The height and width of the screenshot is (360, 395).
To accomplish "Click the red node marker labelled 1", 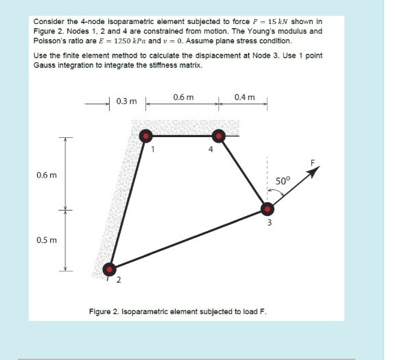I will (x=146, y=135).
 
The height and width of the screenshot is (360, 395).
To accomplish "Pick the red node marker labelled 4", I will (x=219, y=135).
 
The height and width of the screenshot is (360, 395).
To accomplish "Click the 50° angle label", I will (x=283, y=180).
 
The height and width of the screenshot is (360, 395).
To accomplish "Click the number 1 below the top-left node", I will (x=154, y=147).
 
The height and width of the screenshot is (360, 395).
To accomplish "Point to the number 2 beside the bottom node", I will (x=118, y=280).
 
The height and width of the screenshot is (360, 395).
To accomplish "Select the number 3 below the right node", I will (x=270, y=222).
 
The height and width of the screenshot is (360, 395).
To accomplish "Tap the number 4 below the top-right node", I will (x=211, y=148).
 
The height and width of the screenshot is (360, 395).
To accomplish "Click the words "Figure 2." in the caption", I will (x=105, y=311).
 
